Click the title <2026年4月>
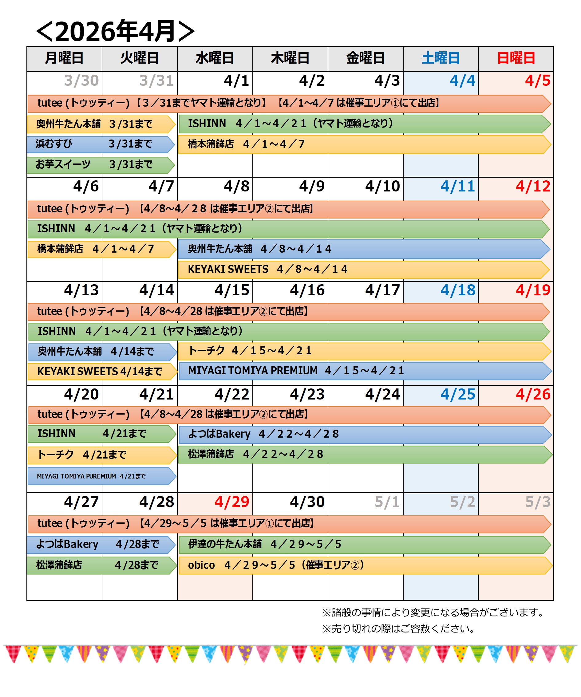click(115, 32)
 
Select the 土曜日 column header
click(441, 58)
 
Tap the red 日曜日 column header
click(516, 58)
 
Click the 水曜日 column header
click(215, 58)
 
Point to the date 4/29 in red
click(232, 502)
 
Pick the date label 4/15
click(232, 290)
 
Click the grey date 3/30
click(81, 81)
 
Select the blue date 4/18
click(458, 290)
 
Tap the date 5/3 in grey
click(538, 502)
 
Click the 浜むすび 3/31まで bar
click(100, 144)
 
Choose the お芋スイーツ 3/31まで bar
click(100, 165)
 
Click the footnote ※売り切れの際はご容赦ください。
click(398, 629)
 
